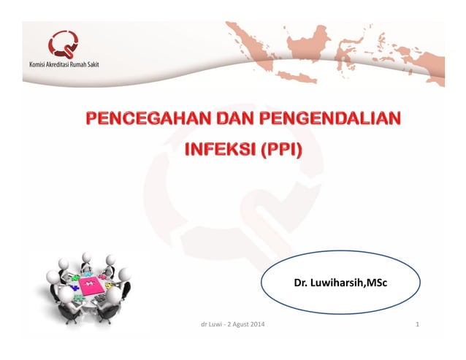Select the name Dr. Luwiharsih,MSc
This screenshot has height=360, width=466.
[340, 281]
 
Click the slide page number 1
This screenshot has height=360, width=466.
[416, 323]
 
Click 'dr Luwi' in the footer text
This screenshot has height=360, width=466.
[211, 323]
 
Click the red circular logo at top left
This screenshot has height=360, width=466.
[64, 45]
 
